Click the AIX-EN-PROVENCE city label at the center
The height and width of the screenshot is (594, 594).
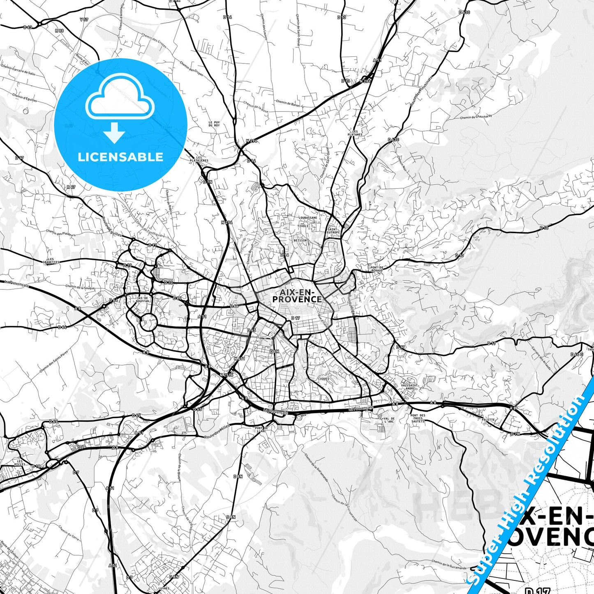point(297,296)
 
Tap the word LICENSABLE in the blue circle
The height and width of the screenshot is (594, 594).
point(120,157)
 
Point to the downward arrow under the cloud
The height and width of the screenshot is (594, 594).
point(114,132)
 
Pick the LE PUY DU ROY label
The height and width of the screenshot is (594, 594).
point(214,124)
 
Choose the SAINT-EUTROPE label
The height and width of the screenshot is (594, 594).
point(333,231)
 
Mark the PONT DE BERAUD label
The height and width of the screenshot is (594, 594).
point(377,269)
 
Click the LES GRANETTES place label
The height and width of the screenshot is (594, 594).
point(51,261)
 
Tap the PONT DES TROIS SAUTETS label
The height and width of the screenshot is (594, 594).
point(418,418)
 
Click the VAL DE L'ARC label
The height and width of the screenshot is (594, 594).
point(389,420)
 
